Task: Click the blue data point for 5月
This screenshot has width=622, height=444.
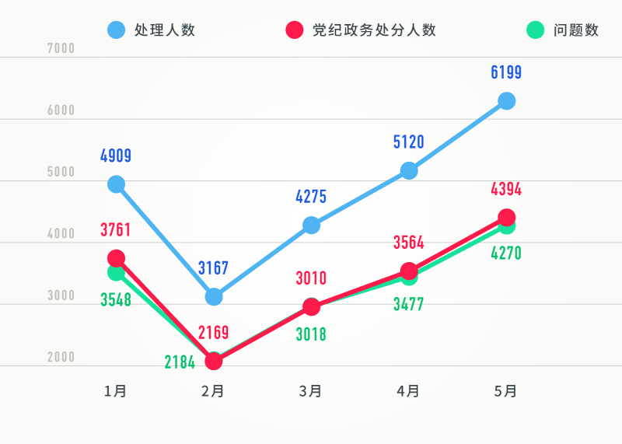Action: point(506,101)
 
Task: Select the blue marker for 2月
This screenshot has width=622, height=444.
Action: point(214,296)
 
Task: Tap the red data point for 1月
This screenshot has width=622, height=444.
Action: point(117,258)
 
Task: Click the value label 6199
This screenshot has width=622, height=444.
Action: point(506,73)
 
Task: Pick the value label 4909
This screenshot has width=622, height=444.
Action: point(116,156)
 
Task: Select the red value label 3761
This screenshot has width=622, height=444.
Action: point(116,230)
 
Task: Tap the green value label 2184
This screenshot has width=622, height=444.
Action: point(180,362)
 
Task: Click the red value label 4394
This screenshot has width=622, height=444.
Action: point(506,189)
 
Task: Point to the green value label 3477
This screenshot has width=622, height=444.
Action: point(408,304)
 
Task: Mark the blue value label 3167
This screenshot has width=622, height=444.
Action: point(213,268)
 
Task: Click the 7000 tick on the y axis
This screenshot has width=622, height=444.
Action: point(61,48)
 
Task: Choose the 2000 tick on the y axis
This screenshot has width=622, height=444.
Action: point(61,358)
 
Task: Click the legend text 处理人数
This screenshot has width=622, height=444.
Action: point(164,30)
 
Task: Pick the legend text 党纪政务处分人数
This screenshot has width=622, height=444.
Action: point(374,30)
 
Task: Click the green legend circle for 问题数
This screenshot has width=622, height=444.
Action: point(534,30)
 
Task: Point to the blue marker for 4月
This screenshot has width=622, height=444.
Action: point(409,170)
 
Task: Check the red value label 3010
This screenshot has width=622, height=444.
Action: point(311,278)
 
